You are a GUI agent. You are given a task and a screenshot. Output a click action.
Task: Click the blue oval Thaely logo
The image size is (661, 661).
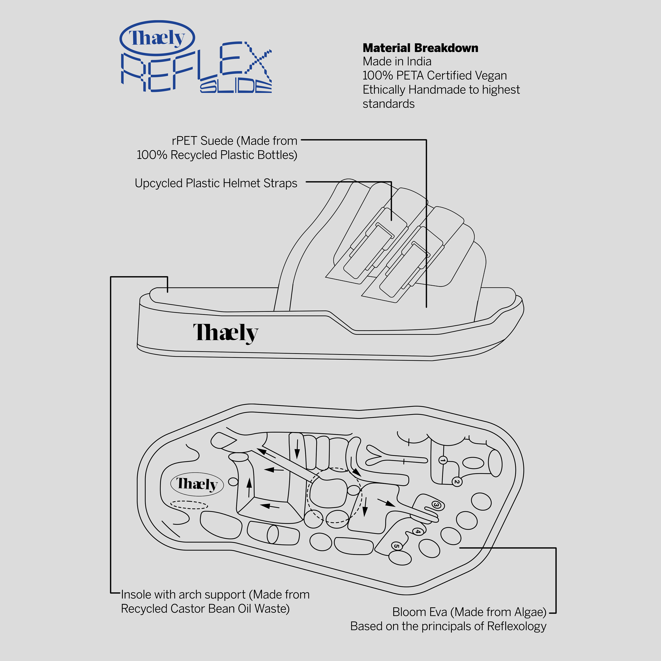[157, 38]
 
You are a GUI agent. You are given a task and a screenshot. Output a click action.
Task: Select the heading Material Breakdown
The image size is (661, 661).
[420, 48]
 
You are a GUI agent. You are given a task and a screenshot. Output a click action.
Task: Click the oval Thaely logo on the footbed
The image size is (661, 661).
[197, 484]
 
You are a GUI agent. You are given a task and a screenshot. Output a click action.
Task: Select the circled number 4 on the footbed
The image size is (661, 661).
[417, 531]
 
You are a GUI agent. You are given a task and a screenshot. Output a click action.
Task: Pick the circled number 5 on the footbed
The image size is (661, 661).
[396, 546]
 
